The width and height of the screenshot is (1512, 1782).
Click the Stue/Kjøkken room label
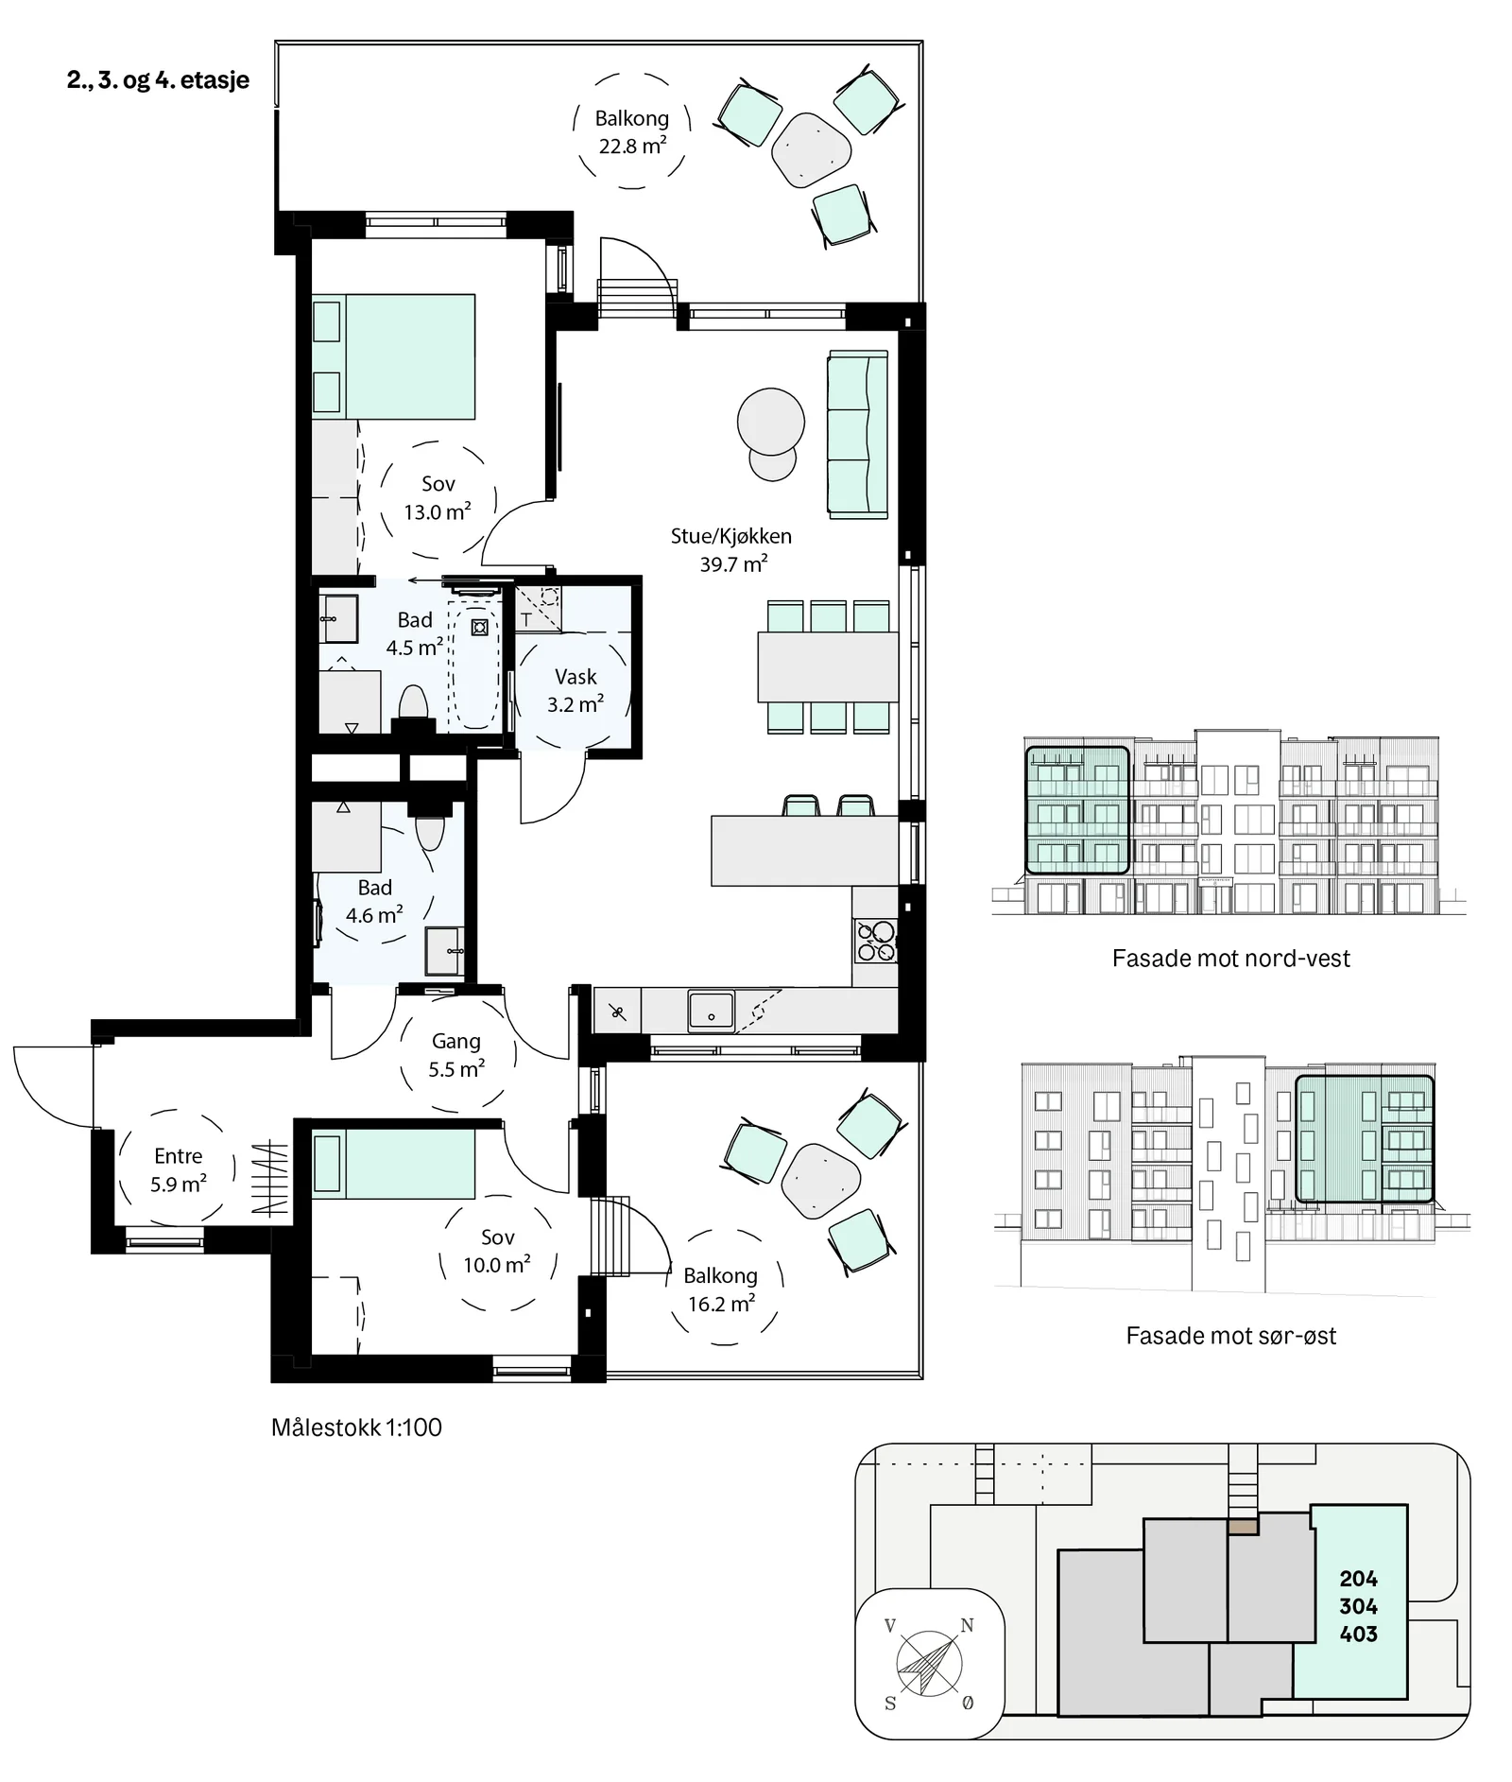click(731, 536)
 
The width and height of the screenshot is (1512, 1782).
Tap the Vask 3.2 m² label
click(576, 690)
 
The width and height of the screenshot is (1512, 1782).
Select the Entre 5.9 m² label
click(179, 1169)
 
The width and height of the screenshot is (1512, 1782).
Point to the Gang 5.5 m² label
click(456, 1055)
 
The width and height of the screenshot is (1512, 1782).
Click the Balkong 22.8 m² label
click(632, 131)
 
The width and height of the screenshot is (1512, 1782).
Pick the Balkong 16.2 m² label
click(721, 1289)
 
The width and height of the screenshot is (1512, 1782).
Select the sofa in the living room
click(858, 434)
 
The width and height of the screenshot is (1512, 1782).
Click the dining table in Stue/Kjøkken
click(828, 667)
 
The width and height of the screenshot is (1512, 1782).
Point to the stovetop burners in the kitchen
click(876, 940)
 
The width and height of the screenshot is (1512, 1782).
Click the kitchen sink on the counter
click(711, 1010)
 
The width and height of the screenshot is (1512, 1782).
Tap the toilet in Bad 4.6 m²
click(430, 832)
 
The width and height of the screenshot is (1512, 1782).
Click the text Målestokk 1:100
click(356, 1427)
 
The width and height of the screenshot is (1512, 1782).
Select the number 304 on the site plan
click(1358, 1605)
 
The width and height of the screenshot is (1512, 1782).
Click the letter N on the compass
click(967, 1625)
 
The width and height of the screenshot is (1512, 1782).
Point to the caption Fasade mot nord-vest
click(1230, 958)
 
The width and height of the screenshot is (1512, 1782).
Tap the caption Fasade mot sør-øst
click(1230, 1335)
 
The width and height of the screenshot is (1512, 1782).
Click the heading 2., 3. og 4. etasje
click(158, 80)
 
